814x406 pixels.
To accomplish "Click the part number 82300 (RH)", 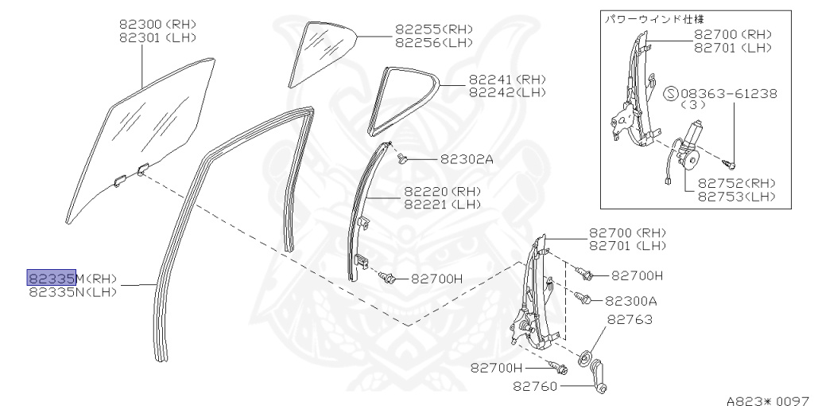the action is pyautogui.click(x=157, y=24).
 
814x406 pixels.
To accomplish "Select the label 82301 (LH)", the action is pyautogui.click(x=157, y=37).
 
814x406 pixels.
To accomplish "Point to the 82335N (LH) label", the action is pyautogui.click(x=72, y=291).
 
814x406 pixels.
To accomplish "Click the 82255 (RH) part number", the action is pyautogui.click(x=434, y=29).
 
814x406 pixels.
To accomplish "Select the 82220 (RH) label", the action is pyautogui.click(x=442, y=191).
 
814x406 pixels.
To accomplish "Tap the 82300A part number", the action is pyautogui.click(x=631, y=301).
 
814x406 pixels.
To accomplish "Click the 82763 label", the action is pyautogui.click(x=630, y=320).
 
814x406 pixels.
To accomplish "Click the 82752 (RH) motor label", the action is pyautogui.click(x=737, y=182).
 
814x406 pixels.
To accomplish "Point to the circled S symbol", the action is pyautogui.click(x=670, y=94).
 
